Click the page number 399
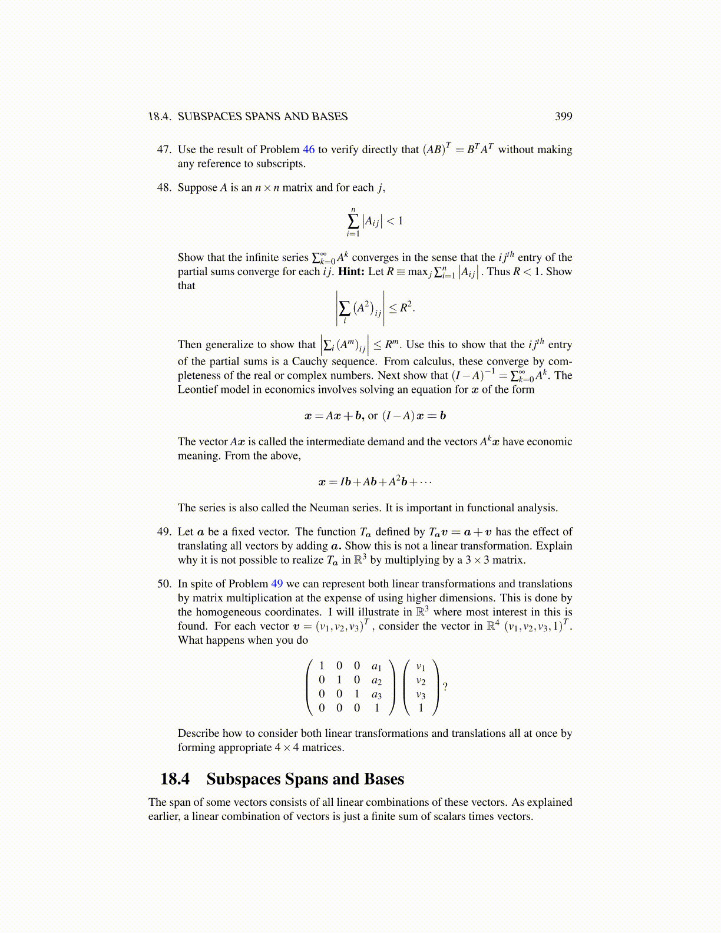563,117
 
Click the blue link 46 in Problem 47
309,150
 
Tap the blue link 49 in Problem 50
277,584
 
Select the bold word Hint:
351,272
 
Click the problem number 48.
164,188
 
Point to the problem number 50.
164,584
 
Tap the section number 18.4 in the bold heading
175,779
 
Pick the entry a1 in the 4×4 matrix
376,666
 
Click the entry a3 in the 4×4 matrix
376,694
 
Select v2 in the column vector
421,681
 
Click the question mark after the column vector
445,687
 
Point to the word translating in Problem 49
204,546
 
